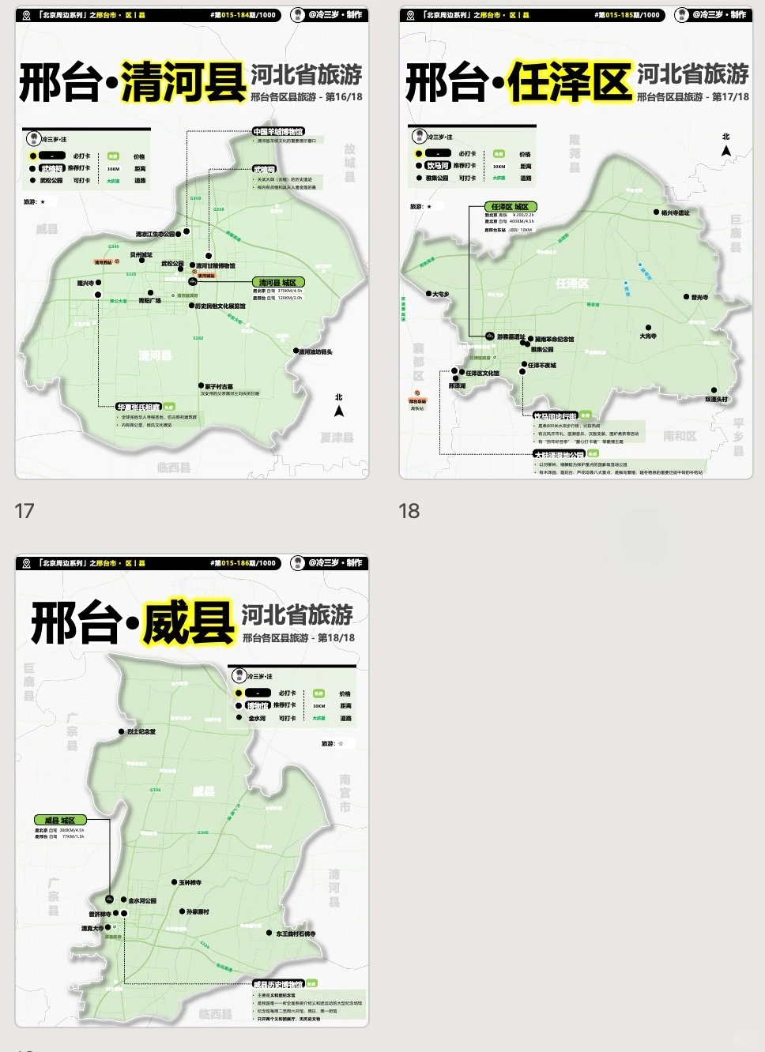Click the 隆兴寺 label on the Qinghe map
coord(85,283)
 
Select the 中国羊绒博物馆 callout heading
coord(277,131)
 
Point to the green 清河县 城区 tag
coord(278,282)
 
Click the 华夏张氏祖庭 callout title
coord(139,407)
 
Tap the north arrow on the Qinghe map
coord(339,410)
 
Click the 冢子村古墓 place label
coord(219,387)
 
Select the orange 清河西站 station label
coord(104,261)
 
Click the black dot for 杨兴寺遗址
coord(656,212)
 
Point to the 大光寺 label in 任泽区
coord(648,336)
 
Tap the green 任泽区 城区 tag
coord(509,206)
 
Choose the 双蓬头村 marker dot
coord(714,390)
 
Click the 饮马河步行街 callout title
coord(555,415)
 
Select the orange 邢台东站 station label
coord(417,401)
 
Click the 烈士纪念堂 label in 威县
coord(141,731)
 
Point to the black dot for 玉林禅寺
coord(174,882)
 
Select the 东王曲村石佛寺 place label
coord(296,934)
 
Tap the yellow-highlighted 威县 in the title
coord(188,623)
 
